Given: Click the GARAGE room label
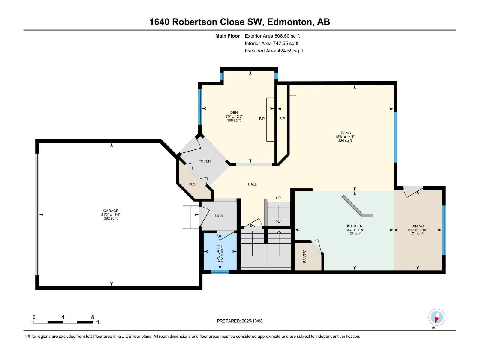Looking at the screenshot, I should pyautogui.click(x=111, y=211).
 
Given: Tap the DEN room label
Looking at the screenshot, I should pyautogui.click(x=234, y=112).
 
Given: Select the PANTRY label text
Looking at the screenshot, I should pyautogui.click(x=305, y=256).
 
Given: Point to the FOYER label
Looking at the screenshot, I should pyautogui.click(x=205, y=161).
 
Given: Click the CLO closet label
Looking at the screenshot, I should pyautogui.click(x=192, y=184).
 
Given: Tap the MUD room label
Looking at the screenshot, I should pyautogui.click(x=219, y=216).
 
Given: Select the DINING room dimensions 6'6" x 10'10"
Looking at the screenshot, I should pyautogui.click(x=418, y=230).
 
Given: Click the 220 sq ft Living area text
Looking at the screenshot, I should pyautogui.click(x=345, y=140).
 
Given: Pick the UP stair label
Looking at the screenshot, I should pyautogui.click(x=278, y=198).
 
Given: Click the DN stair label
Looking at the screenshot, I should pyautogui.click(x=253, y=226).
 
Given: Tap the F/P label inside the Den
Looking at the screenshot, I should pyautogui.click(x=262, y=118).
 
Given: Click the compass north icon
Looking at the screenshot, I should pyautogui.click(x=437, y=317).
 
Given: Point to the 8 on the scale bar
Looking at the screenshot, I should pyautogui.click(x=92, y=317).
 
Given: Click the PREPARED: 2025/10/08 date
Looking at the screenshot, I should pyautogui.click(x=240, y=321).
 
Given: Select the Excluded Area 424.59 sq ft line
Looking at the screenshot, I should pyautogui.click(x=274, y=51).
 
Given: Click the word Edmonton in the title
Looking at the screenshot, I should pyautogui.click(x=289, y=22).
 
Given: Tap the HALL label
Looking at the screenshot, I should pyautogui.click(x=252, y=184).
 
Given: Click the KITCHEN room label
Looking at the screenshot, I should pyautogui.click(x=355, y=226).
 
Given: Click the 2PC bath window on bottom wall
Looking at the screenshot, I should pyautogui.click(x=220, y=272).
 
